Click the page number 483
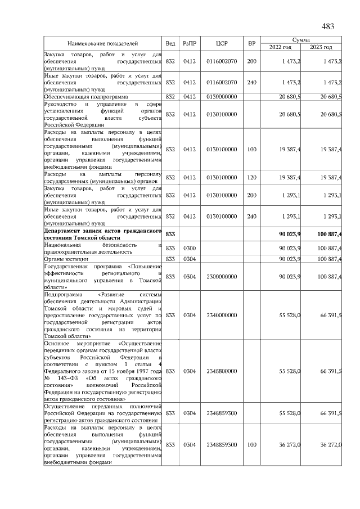pyautogui.click(x=328, y=26)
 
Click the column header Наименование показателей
pyautogui.click(x=103, y=43)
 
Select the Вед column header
pyautogui.click(x=170, y=43)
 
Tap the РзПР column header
pyautogui.click(x=189, y=43)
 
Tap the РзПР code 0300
pyautogui.click(x=189, y=247)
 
